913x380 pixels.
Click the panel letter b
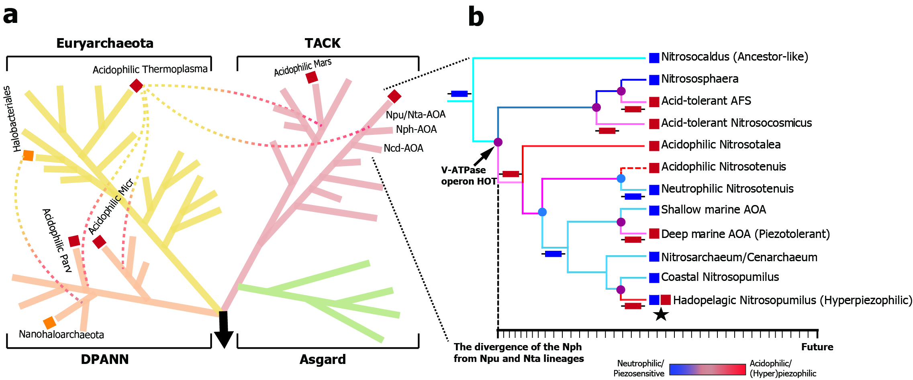pos(476,17)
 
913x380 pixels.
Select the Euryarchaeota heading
pos(105,43)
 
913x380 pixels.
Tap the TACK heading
pos(323,43)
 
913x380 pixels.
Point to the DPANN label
pos(105,359)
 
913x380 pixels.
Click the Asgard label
pos(323,359)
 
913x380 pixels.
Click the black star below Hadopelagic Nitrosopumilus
pos(661,314)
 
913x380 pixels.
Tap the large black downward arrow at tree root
pos(224,329)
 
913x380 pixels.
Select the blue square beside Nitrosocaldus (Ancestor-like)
pos(654,58)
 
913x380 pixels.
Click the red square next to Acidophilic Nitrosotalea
pos(654,146)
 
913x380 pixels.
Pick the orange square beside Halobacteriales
pos(28,155)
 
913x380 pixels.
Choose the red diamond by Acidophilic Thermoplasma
pos(136,85)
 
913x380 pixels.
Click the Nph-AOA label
pos(416,129)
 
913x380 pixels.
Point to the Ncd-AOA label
pos(403,148)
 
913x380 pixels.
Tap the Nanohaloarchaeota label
pos(61,334)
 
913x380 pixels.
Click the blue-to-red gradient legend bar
pos(707,369)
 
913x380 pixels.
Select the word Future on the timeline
pos(817,347)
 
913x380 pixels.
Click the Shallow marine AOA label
pos(713,209)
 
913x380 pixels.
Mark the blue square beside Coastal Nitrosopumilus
pos(654,278)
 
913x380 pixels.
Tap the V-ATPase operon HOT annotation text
pos(469,176)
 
